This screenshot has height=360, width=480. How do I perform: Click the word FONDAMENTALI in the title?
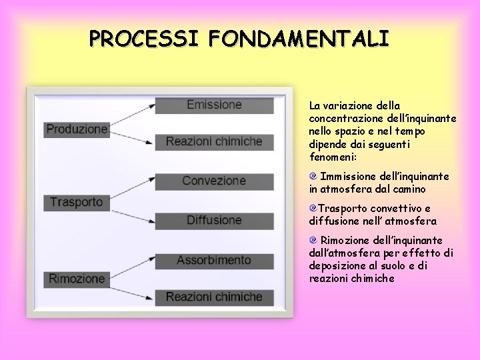(298, 38)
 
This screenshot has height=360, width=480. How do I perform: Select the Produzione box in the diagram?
(77, 129)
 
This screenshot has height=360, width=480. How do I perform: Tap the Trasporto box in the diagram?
(76, 201)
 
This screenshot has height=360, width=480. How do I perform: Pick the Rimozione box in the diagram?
(77, 279)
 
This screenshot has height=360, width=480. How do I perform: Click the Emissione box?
(214, 105)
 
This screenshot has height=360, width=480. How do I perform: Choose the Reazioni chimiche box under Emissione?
(214, 141)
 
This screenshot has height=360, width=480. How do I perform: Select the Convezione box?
(214, 181)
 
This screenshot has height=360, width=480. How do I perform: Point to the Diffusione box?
(214, 220)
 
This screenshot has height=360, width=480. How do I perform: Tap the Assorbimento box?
(214, 260)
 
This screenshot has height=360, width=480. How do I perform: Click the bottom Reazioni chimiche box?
(214, 297)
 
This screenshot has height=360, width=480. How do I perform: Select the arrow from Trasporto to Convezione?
(133, 190)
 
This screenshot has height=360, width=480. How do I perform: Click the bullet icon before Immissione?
(313, 177)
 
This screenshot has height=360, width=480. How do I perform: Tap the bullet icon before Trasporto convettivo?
(313, 209)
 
